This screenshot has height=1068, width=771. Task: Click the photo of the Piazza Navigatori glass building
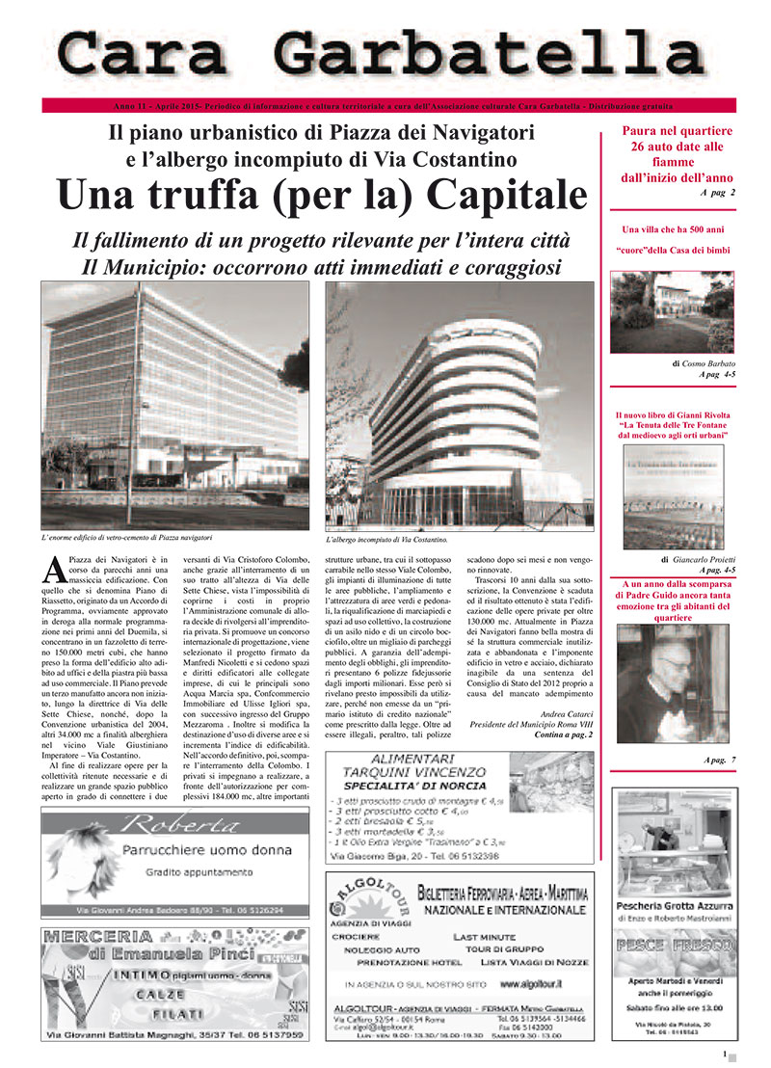[175, 405]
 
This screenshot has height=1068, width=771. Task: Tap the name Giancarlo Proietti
[705, 559]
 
